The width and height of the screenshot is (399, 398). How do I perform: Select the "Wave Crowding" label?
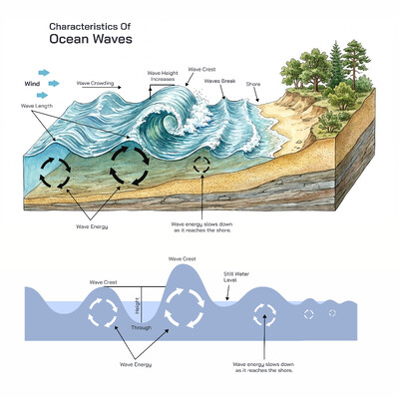(97, 84)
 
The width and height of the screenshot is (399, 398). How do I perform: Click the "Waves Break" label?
(218, 81)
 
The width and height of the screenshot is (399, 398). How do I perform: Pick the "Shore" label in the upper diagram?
(252, 85)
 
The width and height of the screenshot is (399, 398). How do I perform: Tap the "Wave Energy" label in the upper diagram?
(92, 226)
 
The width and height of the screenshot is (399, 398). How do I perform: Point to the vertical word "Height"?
(138, 306)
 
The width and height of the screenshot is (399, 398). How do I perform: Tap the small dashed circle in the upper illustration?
(201, 164)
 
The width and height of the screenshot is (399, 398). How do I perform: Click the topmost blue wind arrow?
(43, 72)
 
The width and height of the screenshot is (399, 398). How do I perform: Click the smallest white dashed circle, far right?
(332, 312)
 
